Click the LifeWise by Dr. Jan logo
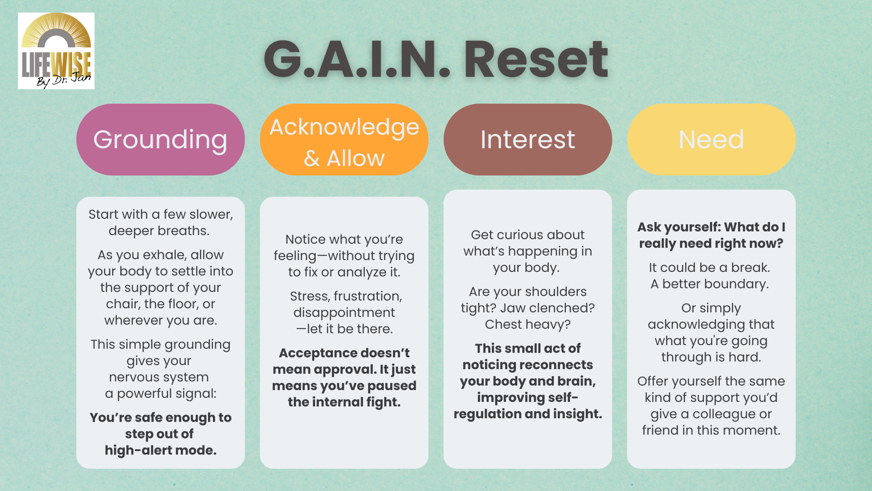click(x=56, y=51)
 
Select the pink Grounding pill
click(x=160, y=140)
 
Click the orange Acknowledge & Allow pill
click(x=344, y=140)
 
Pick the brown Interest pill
click(x=528, y=140)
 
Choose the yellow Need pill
click(x=711, y=140)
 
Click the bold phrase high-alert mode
click(x=160, y=450)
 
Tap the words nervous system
click(x=159, y=377)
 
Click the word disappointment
click(x=344, y=312)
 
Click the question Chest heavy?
click(x=528, y=324)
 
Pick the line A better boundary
click(x=709, y=284)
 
